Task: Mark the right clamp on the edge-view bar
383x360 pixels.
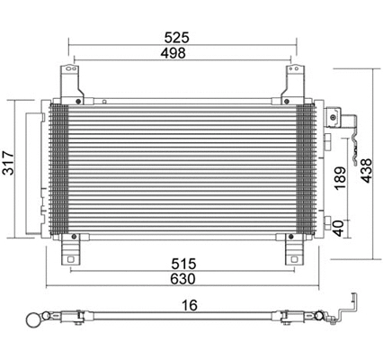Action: [290, 318]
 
